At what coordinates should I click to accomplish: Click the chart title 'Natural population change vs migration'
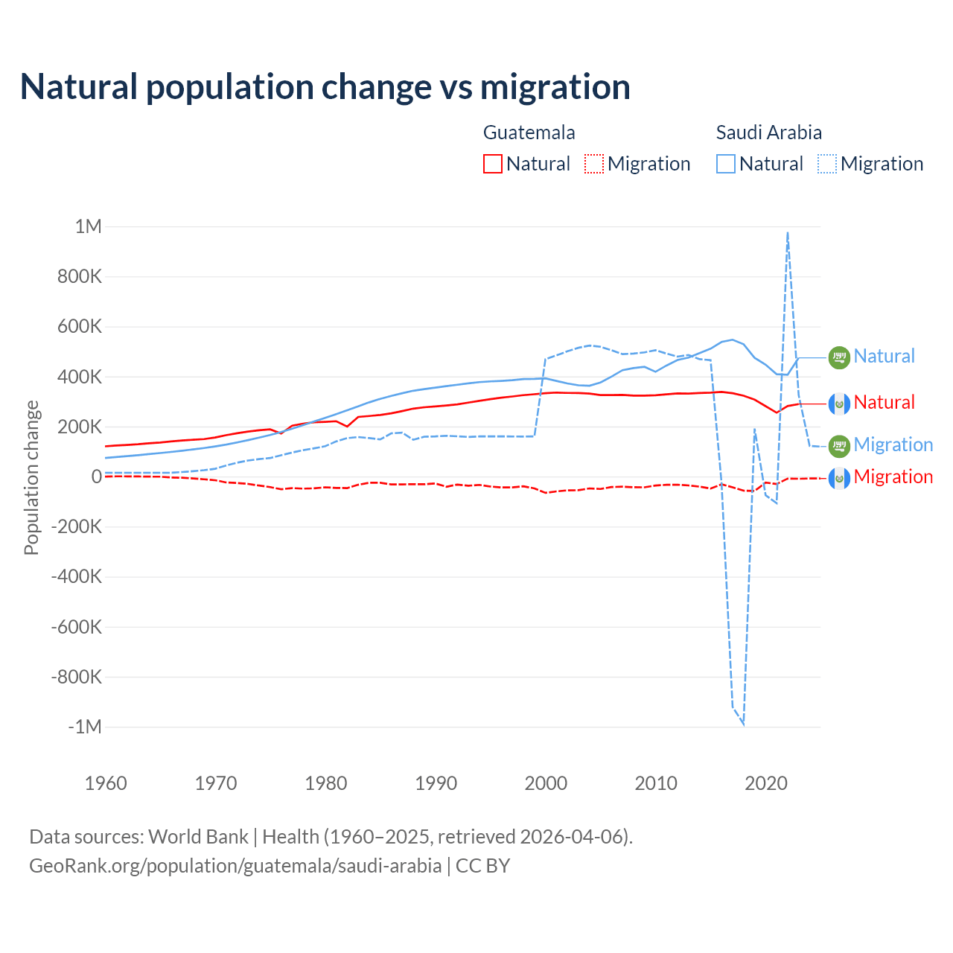(x=325, y=87)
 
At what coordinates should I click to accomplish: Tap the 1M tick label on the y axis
(x=88, y=226)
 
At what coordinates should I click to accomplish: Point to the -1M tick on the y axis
(x=84, y=727)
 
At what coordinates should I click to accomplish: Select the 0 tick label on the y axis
(x=96, y=476)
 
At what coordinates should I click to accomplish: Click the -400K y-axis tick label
(x=76, y=576)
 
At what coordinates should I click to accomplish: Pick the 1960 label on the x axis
(x=106, y=783)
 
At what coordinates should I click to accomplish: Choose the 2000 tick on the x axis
(x=546, y=783)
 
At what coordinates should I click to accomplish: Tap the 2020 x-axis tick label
(x=766, y=783)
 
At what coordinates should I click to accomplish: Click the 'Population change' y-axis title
(x=31, y=477)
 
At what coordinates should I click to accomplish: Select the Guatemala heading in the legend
(x=529, y=133)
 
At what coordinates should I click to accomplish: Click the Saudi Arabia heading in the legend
(x=768, y=133)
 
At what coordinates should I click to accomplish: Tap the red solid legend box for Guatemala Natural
(x=493, y=164)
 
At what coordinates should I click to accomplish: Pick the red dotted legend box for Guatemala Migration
(x=594, y=164)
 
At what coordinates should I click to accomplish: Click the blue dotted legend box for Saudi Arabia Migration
(x=827, y=164)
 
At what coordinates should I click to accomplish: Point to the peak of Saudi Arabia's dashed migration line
(x=788, y=233)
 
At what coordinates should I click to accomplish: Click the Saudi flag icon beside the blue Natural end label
(x=839, y=357)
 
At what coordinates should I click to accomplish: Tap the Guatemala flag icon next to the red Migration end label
(x=839, y=478)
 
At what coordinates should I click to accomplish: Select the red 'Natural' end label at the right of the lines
(x=884, y=403)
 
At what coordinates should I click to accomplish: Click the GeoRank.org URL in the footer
(x=235, y=866)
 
